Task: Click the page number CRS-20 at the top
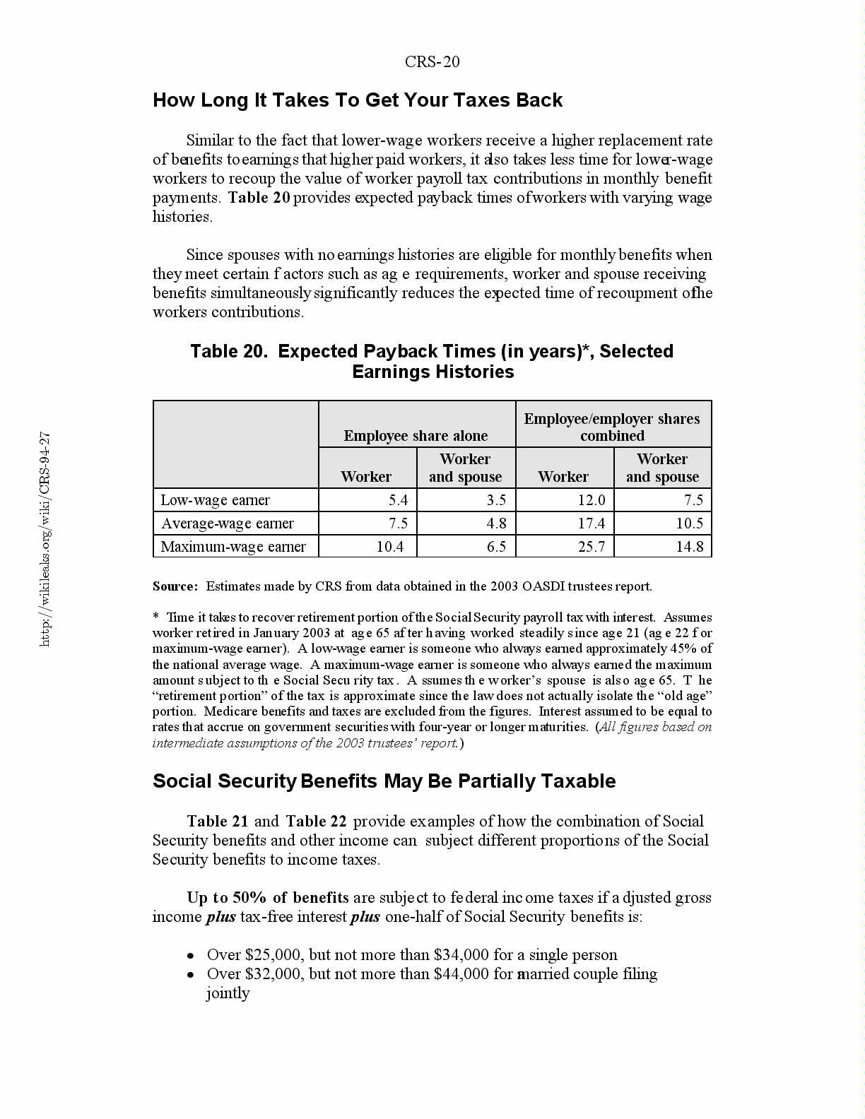click(432, 62)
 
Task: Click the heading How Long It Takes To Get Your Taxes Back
click(357, 100)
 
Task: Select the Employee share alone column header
click(416, 436)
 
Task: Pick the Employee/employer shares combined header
click(612, 427)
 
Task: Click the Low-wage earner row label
click(215, 500)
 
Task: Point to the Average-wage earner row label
click(227, 523)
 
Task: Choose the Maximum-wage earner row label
click(233, 547)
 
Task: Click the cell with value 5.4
click(398, 500)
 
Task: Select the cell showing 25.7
click(591, 547)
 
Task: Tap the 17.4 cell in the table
click(591, 523)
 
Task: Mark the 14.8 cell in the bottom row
click(689, 547)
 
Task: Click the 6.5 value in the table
click(496, 547)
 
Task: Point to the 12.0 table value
click(591, 500)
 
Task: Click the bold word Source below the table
click(175, 586)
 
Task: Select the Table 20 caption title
click(432, 361)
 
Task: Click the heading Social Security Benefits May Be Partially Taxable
click(384, 781)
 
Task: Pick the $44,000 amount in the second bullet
click(461, 974)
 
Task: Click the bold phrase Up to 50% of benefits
click(267, 898)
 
